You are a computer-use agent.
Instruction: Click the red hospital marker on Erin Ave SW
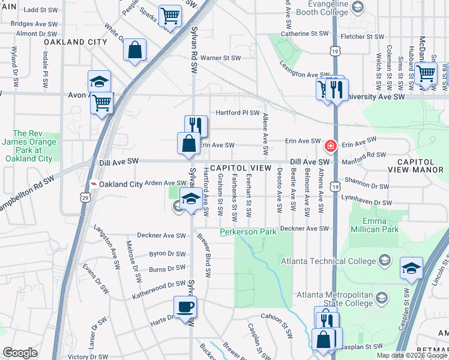(330, 146)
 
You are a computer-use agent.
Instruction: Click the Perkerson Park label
(243, 232)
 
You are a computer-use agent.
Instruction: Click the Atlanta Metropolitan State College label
(335, 299)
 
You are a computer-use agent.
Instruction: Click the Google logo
(20, 353)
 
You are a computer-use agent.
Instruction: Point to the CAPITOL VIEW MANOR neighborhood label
(419, 166)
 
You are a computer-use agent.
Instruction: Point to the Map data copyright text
(412, 355)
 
